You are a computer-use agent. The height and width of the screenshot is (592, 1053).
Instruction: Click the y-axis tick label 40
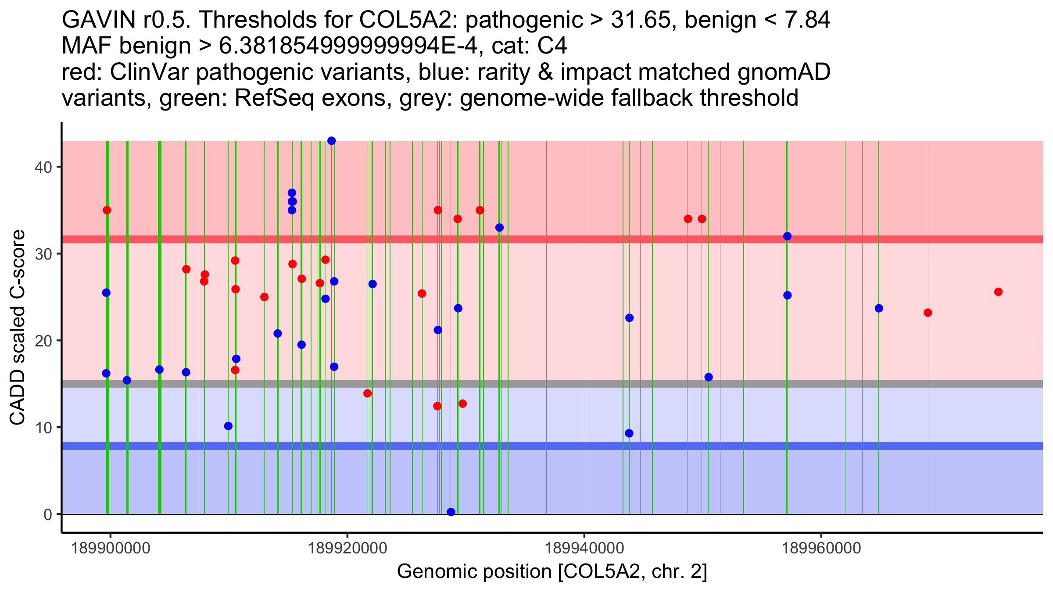43,167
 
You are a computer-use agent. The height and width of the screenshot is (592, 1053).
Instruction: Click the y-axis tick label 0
47,514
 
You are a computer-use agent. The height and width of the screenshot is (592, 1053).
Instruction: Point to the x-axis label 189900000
110,548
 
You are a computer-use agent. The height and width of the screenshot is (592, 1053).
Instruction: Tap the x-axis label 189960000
821,548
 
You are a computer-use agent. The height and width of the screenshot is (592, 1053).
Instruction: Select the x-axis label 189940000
584,548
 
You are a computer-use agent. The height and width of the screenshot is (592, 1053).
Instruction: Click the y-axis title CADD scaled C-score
18,328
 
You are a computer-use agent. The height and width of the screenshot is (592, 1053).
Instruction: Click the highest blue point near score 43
332,141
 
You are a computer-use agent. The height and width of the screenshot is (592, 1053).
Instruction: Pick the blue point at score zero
451,512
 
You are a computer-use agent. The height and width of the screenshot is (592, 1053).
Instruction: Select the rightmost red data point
998,292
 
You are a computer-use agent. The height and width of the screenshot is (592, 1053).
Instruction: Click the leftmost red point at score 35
107,210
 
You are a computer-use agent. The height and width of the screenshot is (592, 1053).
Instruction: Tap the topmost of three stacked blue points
292,193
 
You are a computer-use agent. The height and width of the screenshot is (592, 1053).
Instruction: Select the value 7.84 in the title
806,20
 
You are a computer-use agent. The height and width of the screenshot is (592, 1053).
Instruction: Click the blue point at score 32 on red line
787,236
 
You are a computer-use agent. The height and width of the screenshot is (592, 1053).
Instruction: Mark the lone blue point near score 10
228,426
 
